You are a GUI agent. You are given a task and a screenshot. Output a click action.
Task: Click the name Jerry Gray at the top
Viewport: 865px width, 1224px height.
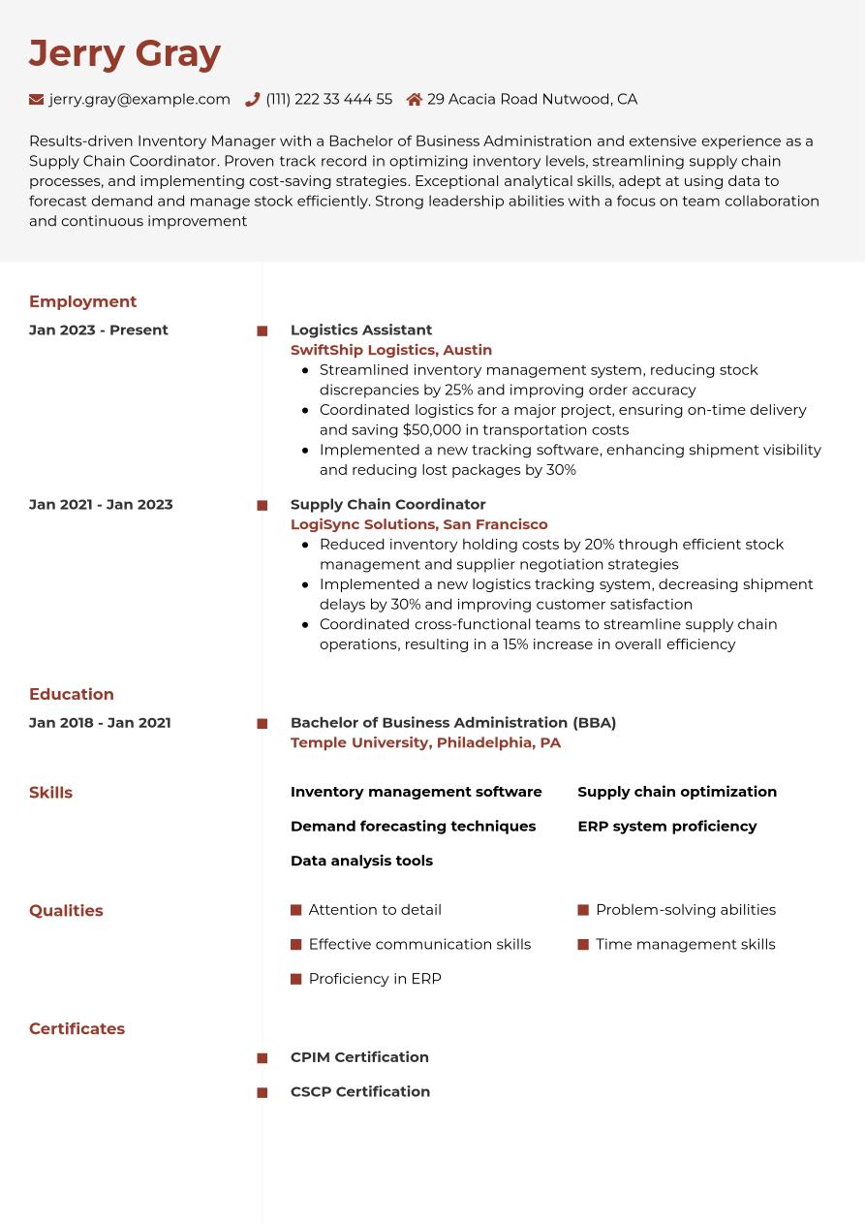coord(125,53)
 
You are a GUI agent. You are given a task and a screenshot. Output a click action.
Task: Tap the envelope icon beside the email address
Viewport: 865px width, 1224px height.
coord(37,99)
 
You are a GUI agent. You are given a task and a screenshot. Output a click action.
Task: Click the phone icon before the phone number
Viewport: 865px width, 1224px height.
coord(253,99)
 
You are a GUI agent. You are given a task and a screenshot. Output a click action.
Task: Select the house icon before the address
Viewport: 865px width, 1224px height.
coord(415,99)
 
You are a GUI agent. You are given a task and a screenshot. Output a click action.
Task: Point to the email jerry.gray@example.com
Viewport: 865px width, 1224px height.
coord(139,99)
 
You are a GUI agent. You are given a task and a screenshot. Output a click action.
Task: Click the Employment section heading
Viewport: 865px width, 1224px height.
coord(82,301)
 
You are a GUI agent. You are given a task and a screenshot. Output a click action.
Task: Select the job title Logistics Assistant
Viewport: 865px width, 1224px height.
coord(361,330)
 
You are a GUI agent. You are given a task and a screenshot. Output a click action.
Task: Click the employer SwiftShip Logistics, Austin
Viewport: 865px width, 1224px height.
coord(391,350)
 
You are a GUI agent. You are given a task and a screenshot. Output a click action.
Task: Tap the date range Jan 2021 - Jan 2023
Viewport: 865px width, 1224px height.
coord(101,504)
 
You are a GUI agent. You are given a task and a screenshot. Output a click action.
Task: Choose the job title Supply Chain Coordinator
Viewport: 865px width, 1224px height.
coord(387,504)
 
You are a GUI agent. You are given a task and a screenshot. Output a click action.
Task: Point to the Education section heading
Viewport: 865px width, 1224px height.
coord(72,694)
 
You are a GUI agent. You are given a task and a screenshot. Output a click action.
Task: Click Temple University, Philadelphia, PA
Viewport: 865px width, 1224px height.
coord(425,742)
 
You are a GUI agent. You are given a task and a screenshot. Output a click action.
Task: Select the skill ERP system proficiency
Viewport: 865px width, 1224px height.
coord(667,826)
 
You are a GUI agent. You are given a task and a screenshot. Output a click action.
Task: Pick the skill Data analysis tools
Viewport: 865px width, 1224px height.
coord(361,861)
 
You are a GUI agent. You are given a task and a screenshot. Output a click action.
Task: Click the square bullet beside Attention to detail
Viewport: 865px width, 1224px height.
coord(296,910)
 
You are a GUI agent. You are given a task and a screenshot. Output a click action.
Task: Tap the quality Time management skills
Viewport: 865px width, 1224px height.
coord(685,944)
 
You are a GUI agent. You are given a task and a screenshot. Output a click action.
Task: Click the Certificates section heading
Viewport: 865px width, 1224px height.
coord(77,1028)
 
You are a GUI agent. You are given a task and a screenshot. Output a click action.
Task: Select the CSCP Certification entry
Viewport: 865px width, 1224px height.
coord(360,1091)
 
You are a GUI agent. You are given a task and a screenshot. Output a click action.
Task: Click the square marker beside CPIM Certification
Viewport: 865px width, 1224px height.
coord(263,1058)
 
